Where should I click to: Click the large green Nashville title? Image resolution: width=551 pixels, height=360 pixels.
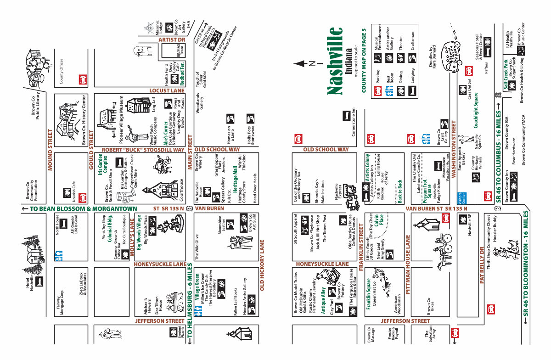[x=336, y=61]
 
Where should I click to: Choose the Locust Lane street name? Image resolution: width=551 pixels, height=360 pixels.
[x=166, y=91]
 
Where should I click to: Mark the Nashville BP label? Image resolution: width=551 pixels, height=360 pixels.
[x=470, y=225]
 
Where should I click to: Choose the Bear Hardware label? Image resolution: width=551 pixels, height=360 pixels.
[x=514, y=152]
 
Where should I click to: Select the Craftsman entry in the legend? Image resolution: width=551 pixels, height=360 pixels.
[x=413, y=40]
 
